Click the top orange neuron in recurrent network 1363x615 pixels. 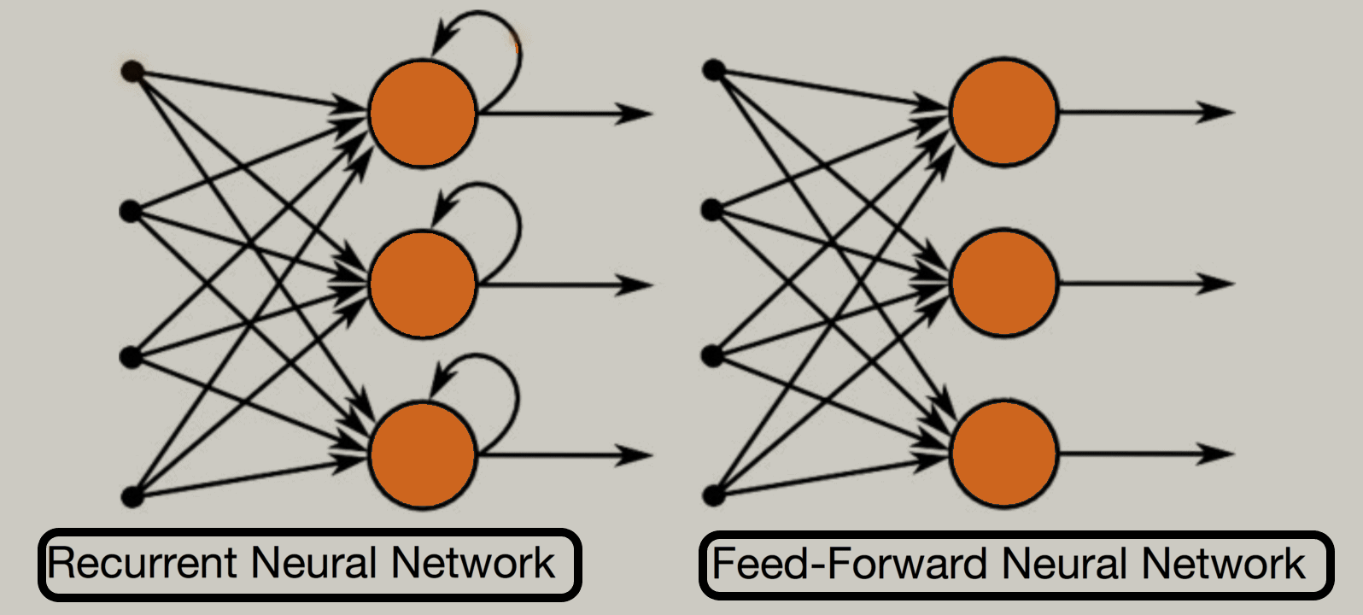click(x=423, y=113)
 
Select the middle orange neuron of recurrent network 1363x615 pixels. click(x=423, y=284)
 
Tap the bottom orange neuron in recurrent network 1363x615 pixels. click(x=423, y=454)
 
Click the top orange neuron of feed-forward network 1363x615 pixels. click(x=1003, y=112)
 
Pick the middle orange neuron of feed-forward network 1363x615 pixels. click(x=1003, y=283)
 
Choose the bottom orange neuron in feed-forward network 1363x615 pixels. click(x=1003, y=454)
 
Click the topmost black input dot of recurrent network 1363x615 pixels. click(x=131, y=72)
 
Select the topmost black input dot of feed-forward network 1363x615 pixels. click(x=713, y=70)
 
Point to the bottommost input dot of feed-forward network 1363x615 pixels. click(x=713, y=495)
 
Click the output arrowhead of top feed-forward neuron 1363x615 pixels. click(x=1217, y=112)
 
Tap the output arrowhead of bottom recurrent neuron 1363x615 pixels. click(x=636, y=455)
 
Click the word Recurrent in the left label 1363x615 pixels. click(x=143, y=564)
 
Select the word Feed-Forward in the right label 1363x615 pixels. click(x=850, y=565)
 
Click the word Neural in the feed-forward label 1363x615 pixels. click(x=1067, y=565)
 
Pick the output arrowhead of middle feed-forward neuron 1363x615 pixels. click(x=1217, y=283)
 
